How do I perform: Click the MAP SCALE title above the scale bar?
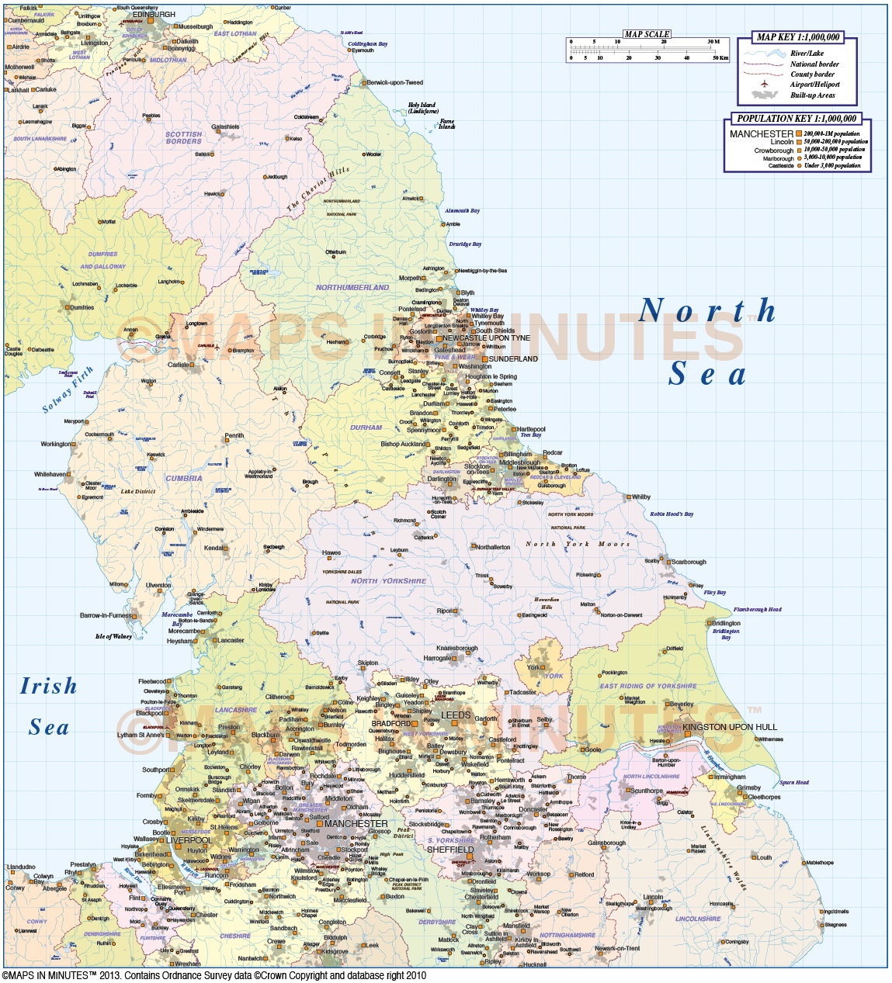pyautogui.click(x=647, y=34)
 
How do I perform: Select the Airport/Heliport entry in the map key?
pyautogui.click(x=814, y=85)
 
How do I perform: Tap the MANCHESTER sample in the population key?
pyautogui.click(x=761, y=133)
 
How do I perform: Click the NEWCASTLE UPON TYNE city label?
pyautogui.click(x=486, y=338)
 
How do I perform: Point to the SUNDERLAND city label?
pyautogui.click(x=513, y=359)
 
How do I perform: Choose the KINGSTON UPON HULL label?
pyautogui.click(x=730, y=727)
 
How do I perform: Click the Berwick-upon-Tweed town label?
pyautogui.click(x=394, y=82)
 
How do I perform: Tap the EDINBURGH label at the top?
pyautogui.click(x=154, y=15)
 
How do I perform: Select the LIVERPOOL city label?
pyautogui.click(x=189, y=840)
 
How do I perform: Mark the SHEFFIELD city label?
pyautogui.click(x=449, y=850)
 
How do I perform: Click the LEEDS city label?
pyautogui.click(x=456, y=715)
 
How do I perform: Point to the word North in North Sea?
pyautogui.click(x=706, y=311)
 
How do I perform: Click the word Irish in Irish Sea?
pyautogui.click(x=48, y=686)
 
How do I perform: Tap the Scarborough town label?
pyautogui.click(x=689, y=562)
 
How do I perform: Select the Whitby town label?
pyautogui.click(x=641, y=497)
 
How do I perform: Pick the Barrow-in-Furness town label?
pyautogui.click(x=106, y=615)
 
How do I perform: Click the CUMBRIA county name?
pyautogui.click(x=184, y=479)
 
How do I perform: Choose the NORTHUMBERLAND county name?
pyautogui.click(x=352, y=288)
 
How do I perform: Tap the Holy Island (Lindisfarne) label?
pyautogui.click(x=423, y=108)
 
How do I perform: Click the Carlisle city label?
pyautogui.click(x=178, y=365)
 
